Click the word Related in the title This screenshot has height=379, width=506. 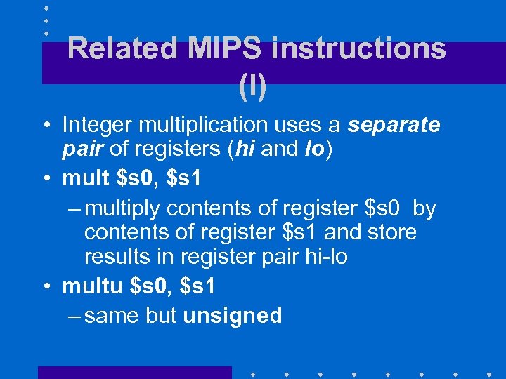(x=124, y=49)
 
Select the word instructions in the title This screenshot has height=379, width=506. (x=358, y=49)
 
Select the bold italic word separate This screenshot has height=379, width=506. (x=394, y=125)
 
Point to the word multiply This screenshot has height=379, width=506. (x=129, y=209)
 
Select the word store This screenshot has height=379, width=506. (x=390, y=232)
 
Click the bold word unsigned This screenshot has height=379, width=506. (x=232, y=316)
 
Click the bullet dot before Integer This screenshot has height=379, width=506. (x=45, y=126)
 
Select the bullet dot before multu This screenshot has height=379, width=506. (x=45, y=286)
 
